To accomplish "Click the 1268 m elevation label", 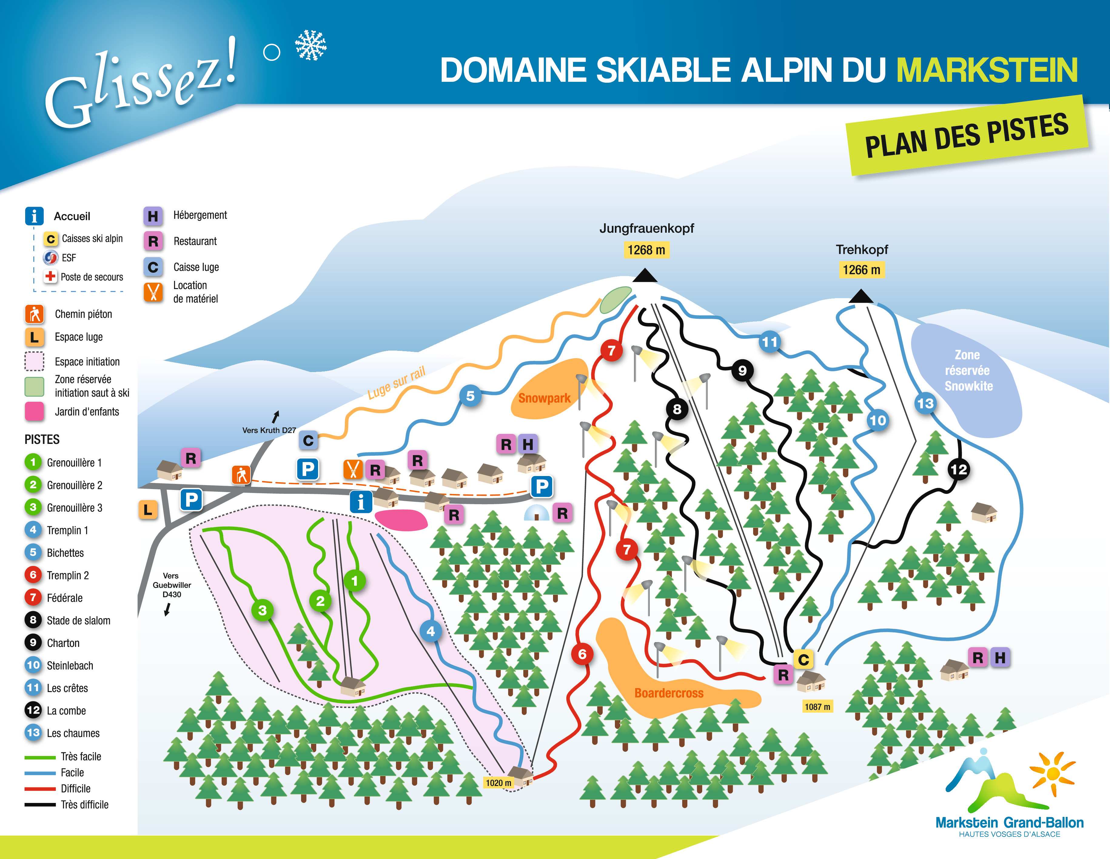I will (646, 250).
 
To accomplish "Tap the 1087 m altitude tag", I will (817, 707).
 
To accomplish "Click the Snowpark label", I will (544, 398).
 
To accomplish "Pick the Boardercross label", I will (669, 693).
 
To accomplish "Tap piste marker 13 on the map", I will (925, 403).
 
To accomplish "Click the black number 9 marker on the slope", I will (742, 370).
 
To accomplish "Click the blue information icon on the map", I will (361, 502).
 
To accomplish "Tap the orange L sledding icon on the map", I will (148, 510).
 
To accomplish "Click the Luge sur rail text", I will (397, 382).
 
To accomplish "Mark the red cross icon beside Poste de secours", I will (50, 276).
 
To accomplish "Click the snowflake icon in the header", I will (310, 45).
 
